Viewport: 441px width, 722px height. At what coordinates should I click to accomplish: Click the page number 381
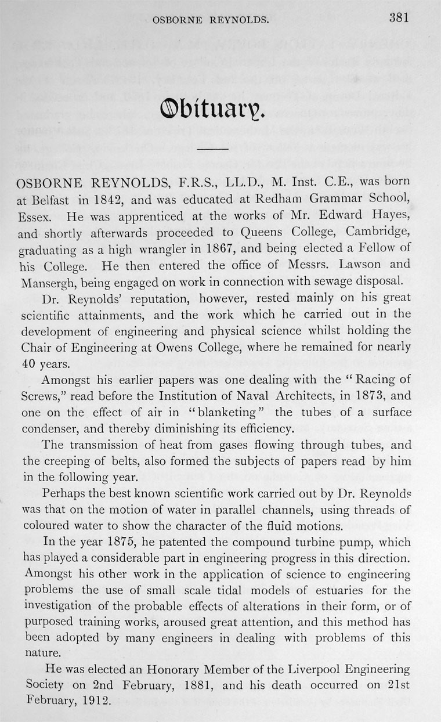399,17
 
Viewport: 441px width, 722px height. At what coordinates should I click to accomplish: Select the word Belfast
48,201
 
